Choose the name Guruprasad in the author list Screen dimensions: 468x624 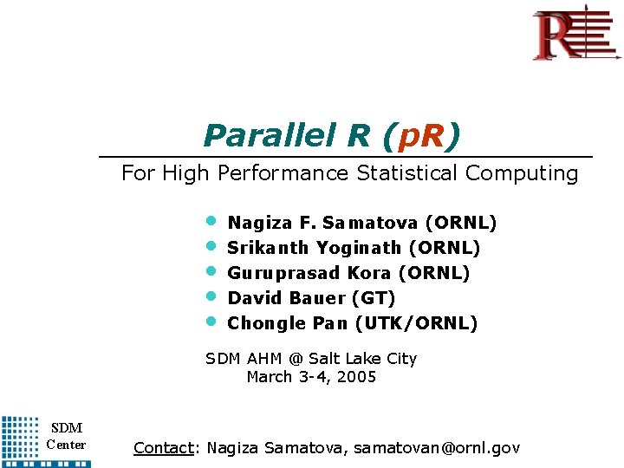click(283, 273)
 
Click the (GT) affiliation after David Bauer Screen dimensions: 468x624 click(374, 298)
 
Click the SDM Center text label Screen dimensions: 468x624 click(66, 436)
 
